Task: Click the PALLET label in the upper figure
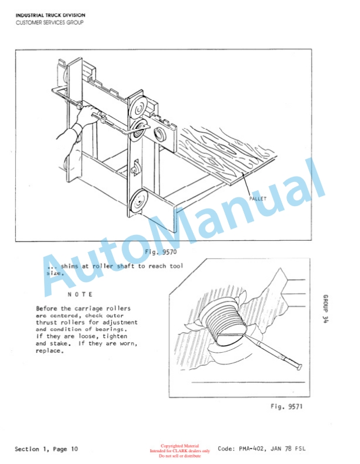tap(258, 198)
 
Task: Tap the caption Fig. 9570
tap(161, 252)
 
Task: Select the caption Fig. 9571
tap(286, 406)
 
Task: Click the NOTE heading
tap(80, 294)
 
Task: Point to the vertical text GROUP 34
tap(325, 309)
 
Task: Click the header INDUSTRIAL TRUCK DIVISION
tap(51, 15)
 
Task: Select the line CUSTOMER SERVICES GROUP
tap(49, 22)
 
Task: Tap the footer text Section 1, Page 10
tap(46, 449)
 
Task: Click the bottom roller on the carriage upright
tap(138, 201)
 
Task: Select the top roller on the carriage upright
tap(138, 108)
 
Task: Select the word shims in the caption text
tap(69, 266)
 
